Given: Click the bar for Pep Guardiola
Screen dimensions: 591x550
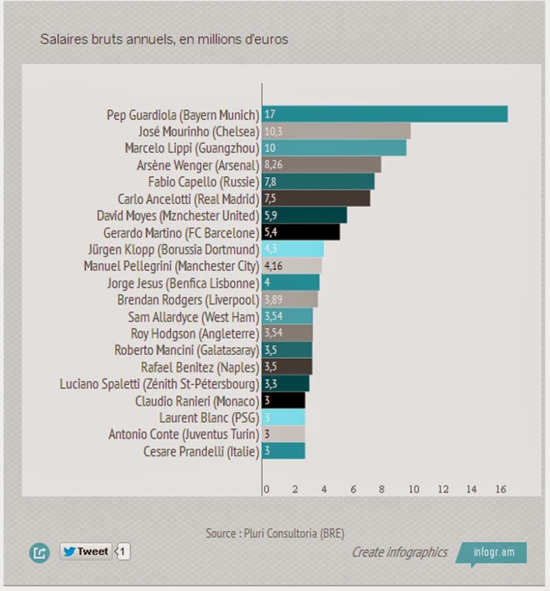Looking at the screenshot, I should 385,114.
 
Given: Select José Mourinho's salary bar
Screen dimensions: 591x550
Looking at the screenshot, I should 336,131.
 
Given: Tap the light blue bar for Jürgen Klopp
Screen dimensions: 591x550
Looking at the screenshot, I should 293,249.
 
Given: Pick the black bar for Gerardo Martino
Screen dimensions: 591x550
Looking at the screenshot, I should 301,232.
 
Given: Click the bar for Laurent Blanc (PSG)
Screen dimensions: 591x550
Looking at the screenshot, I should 283,417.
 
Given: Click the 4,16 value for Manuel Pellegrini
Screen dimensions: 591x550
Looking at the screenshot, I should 273,266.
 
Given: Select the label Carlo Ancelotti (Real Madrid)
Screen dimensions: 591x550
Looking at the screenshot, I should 188,199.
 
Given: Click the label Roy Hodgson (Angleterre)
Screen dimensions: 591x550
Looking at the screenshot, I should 195,334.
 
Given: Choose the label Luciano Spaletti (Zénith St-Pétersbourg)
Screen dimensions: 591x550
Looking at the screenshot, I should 159,384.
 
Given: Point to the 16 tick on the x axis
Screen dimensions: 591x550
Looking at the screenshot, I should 501,490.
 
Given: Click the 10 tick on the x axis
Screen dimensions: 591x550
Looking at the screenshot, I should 414,490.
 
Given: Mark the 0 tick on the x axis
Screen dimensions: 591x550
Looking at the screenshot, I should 266,490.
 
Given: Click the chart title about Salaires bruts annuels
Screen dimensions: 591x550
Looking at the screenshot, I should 164,39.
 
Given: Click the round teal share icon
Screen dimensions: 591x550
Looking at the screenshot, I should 39,553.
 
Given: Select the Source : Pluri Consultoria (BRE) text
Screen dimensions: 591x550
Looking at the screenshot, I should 274,533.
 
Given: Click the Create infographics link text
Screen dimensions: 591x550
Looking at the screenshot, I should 400,552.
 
